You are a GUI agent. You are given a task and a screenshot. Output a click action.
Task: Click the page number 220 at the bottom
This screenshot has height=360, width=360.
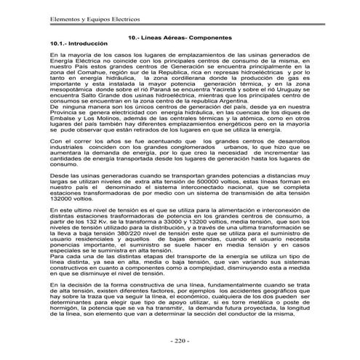coord(179,341)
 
